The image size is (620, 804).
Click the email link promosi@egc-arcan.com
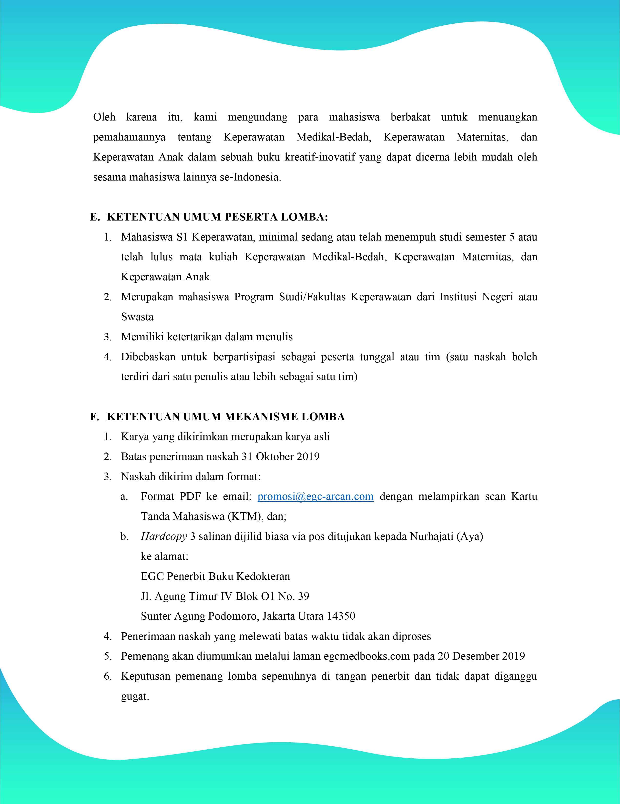[315, 497]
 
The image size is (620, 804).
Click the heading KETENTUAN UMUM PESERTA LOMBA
[217, 217]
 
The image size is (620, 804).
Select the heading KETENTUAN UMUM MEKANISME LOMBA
[226, 416]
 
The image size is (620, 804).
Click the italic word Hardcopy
[164, 536]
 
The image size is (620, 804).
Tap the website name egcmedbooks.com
[367, 656]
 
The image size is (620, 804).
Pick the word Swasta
[137, 317]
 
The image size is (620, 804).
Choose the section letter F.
[94, 416]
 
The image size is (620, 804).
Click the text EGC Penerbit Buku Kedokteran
[215, 576]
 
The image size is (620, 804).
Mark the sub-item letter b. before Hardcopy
[124, 536]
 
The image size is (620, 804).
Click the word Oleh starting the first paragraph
[104, 117]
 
